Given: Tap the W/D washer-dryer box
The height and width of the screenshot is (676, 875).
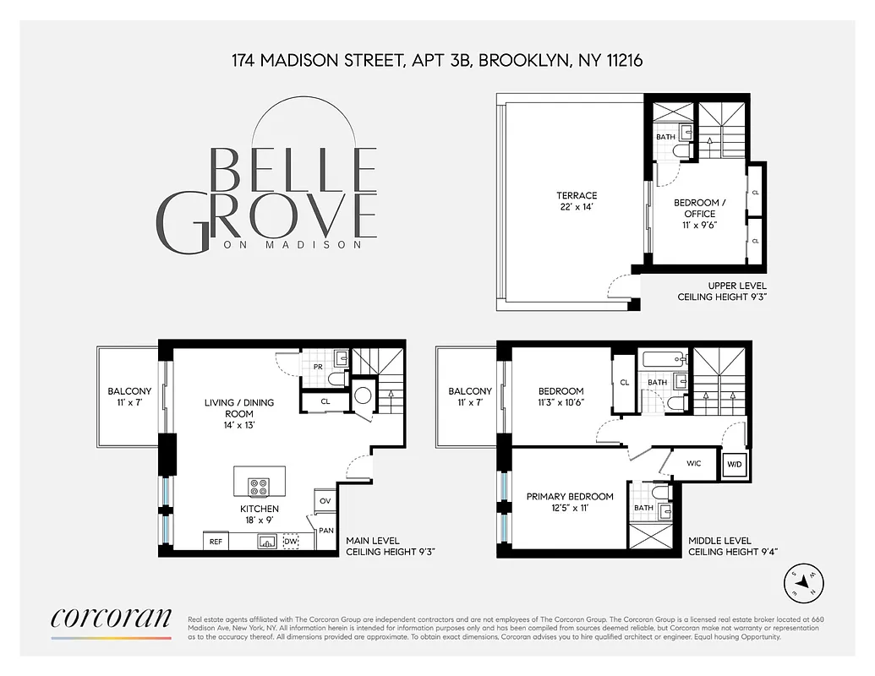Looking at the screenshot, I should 732,463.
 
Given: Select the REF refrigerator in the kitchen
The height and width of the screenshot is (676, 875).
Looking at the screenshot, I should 216,542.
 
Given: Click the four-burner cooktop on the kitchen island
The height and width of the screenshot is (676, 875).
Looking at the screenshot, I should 259,486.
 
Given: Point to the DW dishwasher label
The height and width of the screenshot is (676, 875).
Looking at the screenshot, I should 291,542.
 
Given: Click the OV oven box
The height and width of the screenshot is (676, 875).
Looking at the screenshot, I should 325,501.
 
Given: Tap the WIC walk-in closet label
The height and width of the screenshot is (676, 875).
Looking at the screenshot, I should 693,463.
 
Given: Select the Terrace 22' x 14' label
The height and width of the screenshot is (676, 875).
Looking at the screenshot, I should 578,201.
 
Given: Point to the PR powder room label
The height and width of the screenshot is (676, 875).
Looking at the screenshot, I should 318,368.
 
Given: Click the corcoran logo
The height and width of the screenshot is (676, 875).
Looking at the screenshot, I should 111,618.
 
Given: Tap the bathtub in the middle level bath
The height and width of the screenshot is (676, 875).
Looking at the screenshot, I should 664,359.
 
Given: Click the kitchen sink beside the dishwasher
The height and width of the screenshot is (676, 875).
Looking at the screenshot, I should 266,542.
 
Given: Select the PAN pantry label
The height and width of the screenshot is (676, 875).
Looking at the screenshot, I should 325,531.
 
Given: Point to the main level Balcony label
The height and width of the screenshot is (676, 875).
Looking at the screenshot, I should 129,397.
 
